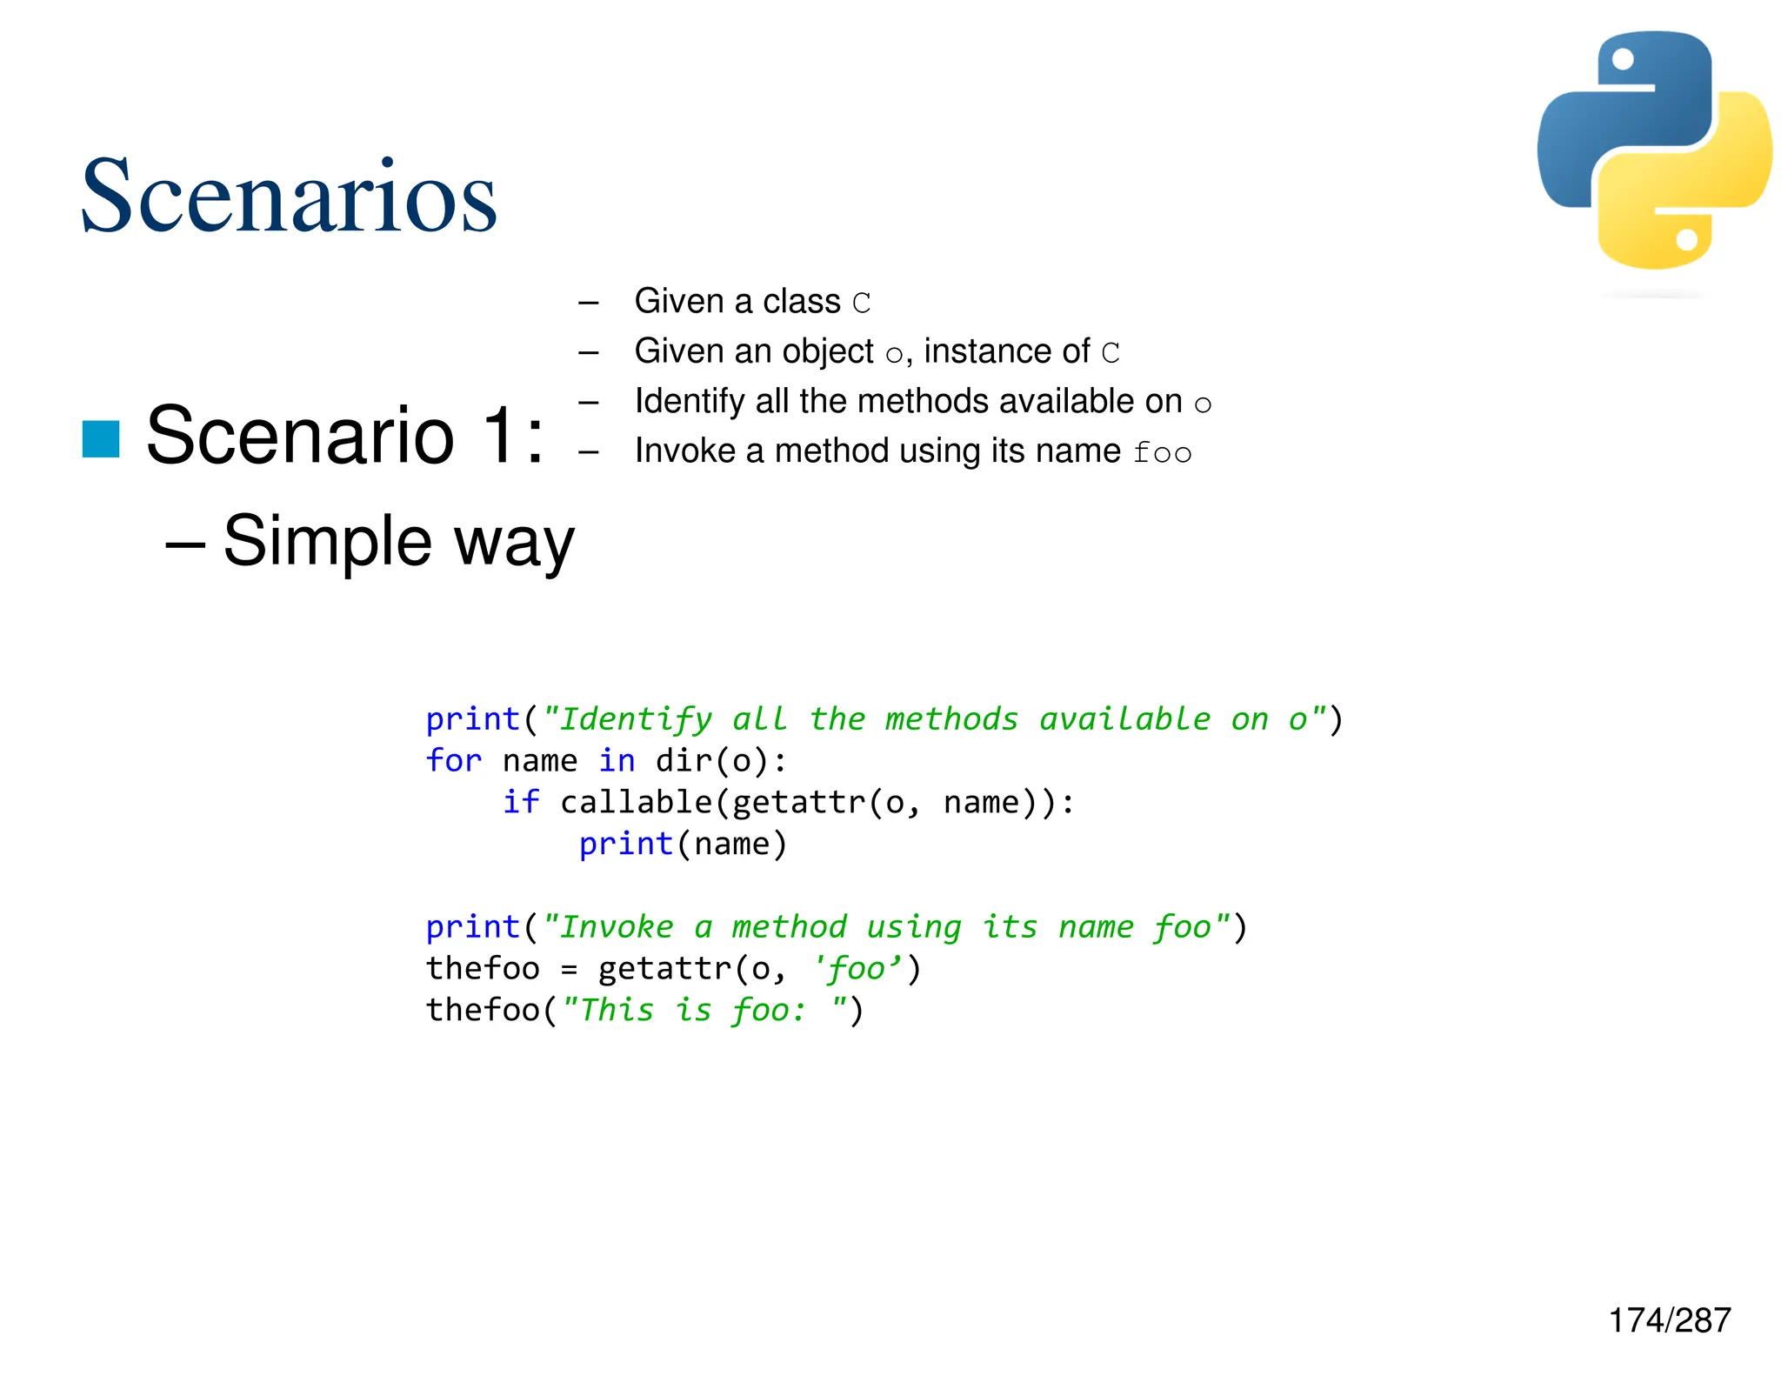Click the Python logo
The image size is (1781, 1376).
tap(1654, 151)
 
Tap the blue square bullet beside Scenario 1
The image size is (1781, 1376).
tap(101, 438)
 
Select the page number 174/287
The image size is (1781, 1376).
tap(1670, 1320)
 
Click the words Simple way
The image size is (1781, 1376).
tap(398, 541)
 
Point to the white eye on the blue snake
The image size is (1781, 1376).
tap(1623, 59)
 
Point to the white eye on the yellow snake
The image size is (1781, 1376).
tap(1686, 239)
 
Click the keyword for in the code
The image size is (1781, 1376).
tap(453, 761)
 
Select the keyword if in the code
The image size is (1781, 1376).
tap(521, 802)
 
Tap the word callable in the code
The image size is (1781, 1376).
tap(637, 802)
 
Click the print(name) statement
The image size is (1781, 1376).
tap(683, 844)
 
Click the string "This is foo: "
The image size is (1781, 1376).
tap(705, 1010)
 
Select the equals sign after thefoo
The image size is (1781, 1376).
tap(569, 969)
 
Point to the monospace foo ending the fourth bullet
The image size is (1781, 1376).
tap(1163, 452)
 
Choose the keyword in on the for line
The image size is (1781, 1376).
tap(617, 761)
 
